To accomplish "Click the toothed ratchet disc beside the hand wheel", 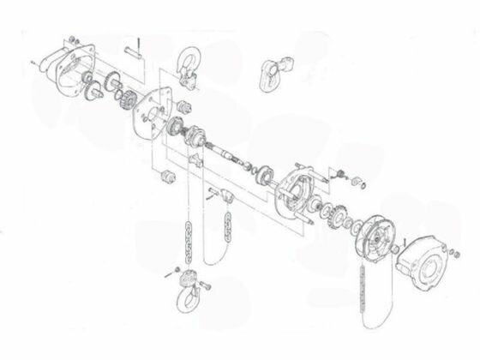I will pyautogui.click(x=333, y=219).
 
